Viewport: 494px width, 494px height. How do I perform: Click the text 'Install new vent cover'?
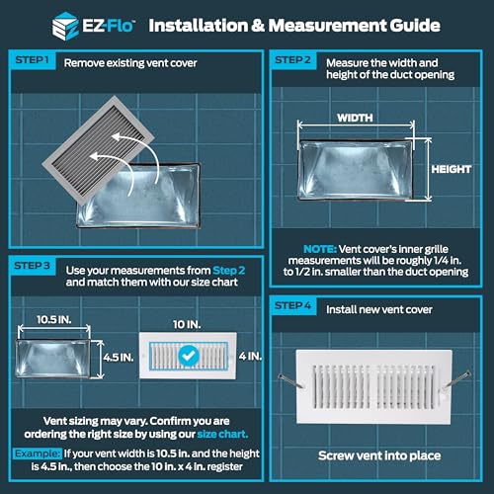373,307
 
